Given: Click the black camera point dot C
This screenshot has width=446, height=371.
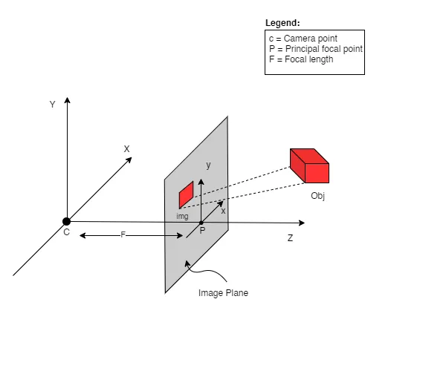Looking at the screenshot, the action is (66, 221).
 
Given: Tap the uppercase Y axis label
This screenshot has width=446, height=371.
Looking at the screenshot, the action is (52, 105).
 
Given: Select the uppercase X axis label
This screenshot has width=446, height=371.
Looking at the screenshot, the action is (126, 149).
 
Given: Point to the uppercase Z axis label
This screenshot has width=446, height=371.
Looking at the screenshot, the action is (290, 238).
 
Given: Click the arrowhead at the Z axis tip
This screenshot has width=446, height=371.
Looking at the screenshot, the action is (303, 223).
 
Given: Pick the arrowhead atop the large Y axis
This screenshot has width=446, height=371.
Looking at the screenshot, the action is (67, 100).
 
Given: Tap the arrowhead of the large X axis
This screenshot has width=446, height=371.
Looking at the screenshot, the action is (129, 160).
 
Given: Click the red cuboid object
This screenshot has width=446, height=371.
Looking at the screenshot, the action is (309, 165).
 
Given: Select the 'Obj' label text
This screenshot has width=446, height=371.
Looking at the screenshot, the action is (317, 196).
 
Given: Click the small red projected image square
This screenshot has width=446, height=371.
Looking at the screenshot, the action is (186, 194).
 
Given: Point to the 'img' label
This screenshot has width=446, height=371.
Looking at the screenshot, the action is (182, 217).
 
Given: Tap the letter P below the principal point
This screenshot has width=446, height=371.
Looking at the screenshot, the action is (202, 231).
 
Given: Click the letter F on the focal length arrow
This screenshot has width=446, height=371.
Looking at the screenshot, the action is (123, 234).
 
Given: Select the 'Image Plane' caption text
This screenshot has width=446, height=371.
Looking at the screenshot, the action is (223, 293).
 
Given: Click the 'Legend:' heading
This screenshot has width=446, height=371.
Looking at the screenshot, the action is (282, 23).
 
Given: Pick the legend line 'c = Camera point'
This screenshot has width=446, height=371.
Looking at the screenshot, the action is (303, 39).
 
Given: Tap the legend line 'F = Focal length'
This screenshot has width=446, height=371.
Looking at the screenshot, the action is (301, 59).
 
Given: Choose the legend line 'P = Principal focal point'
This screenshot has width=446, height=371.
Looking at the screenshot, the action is (316, 49).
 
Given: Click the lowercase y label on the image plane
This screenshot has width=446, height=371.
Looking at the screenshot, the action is (208, 165).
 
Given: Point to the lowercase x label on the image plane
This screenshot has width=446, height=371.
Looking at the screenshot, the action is (223, 211).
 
